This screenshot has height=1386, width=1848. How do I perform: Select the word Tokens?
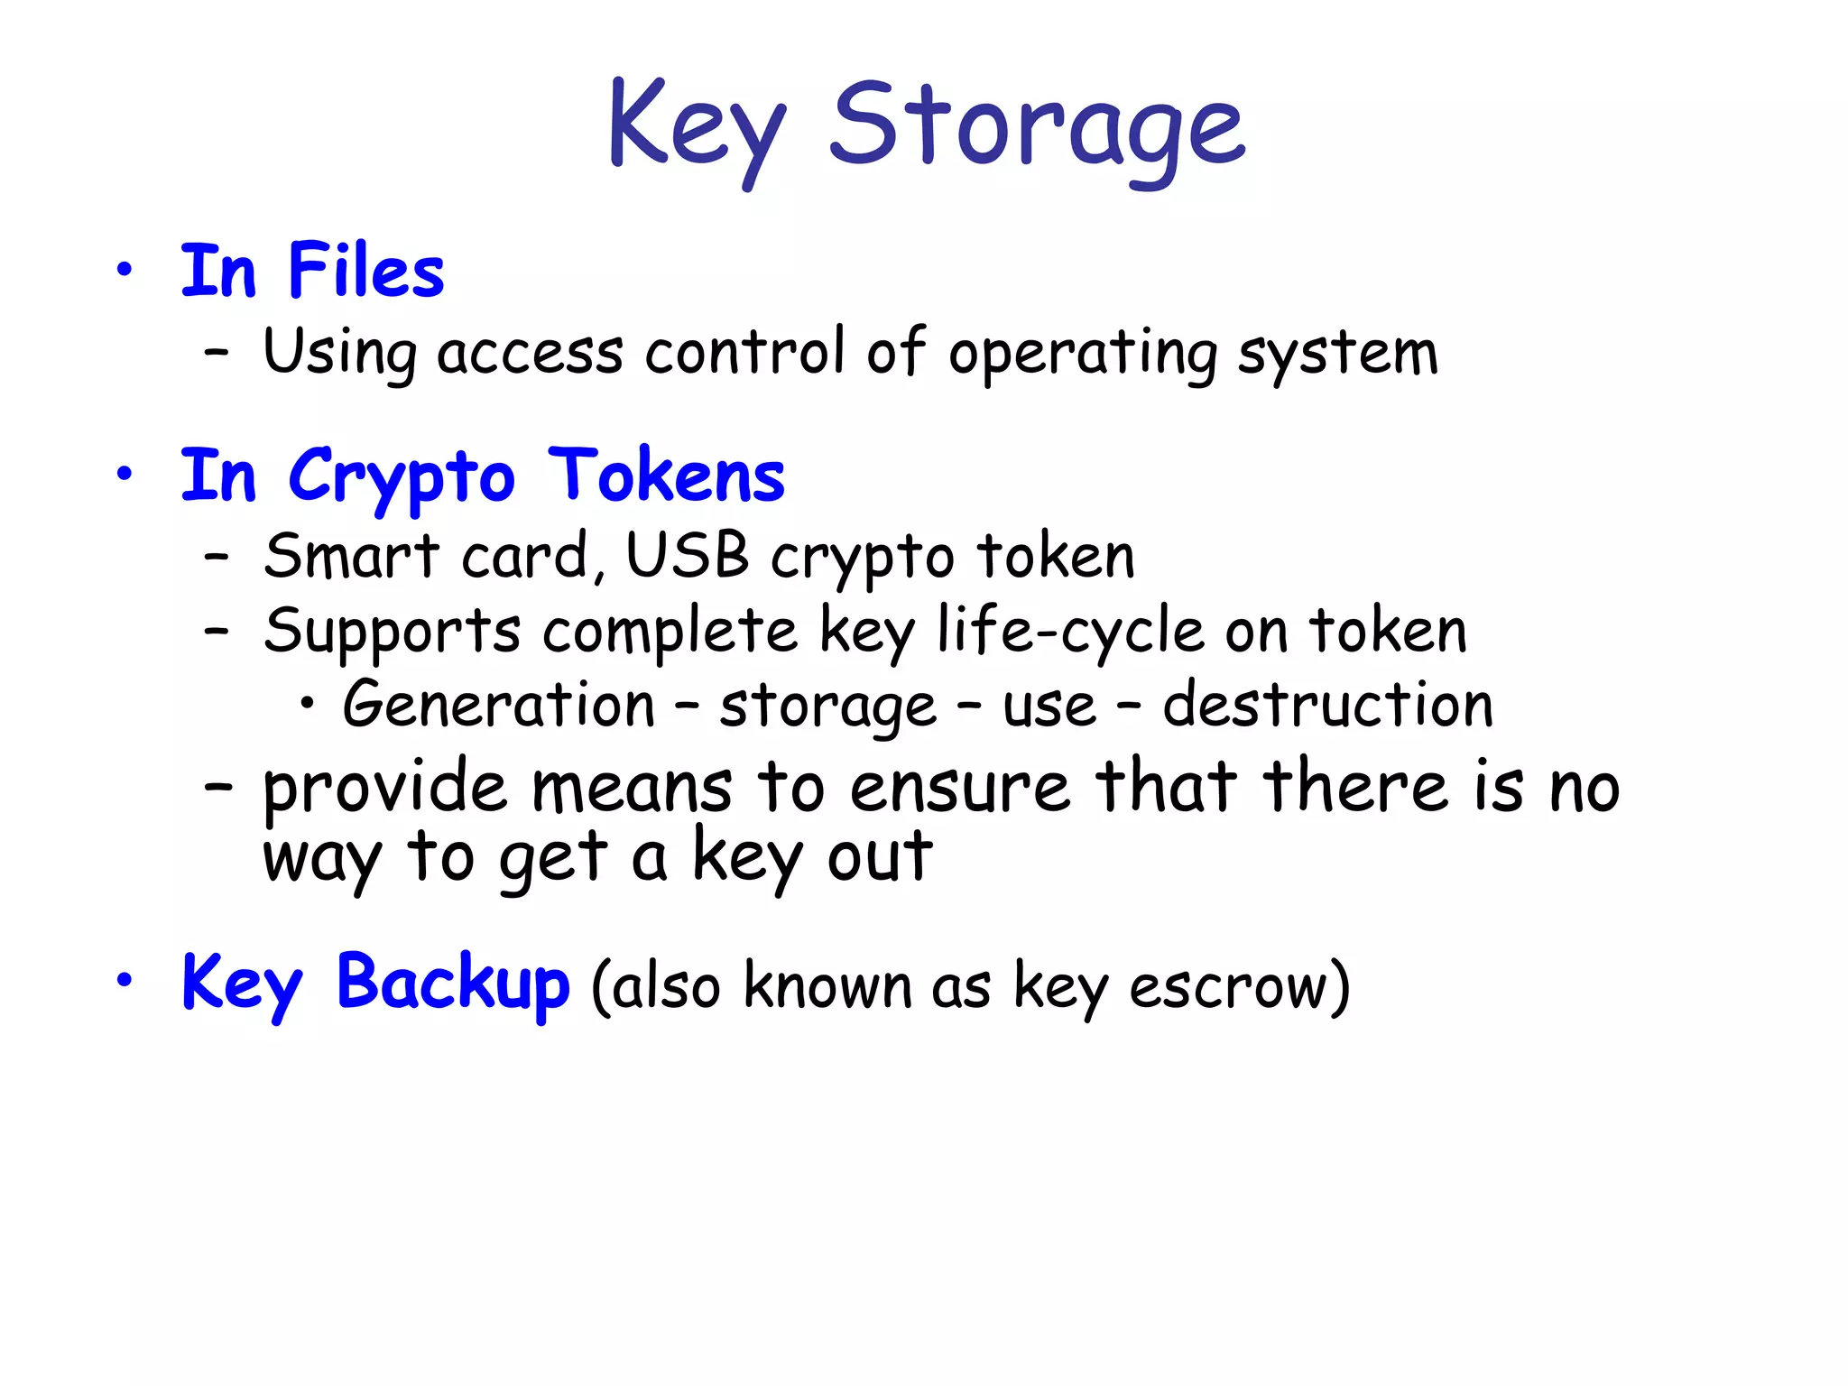666,476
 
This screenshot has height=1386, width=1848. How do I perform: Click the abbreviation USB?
688,556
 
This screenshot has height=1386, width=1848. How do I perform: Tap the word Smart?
352,556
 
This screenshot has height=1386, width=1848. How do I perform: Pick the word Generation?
499,705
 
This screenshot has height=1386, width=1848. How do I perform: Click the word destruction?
1327,705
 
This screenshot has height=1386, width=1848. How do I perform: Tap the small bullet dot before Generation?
308,706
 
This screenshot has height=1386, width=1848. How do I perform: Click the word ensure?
959,788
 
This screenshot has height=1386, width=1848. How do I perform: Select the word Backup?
453,984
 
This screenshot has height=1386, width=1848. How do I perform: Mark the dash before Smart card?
217,558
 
